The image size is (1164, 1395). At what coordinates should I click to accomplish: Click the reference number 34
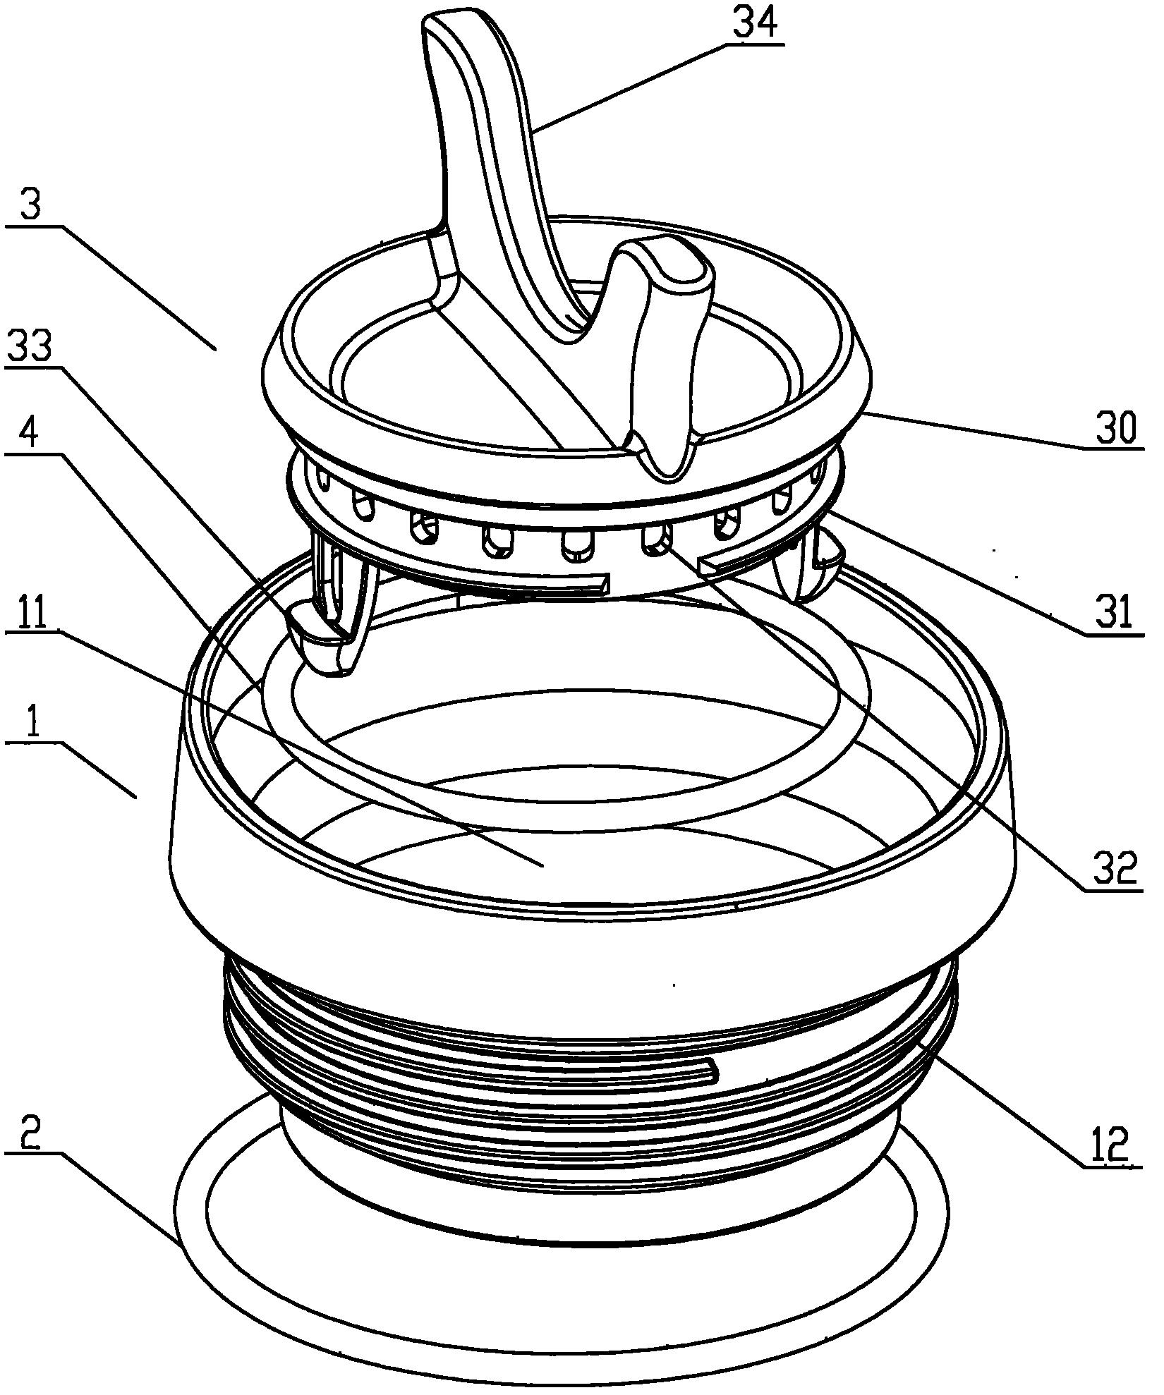[x=754, y=24]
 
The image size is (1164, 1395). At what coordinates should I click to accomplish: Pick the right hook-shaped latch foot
[x=818, y=564]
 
